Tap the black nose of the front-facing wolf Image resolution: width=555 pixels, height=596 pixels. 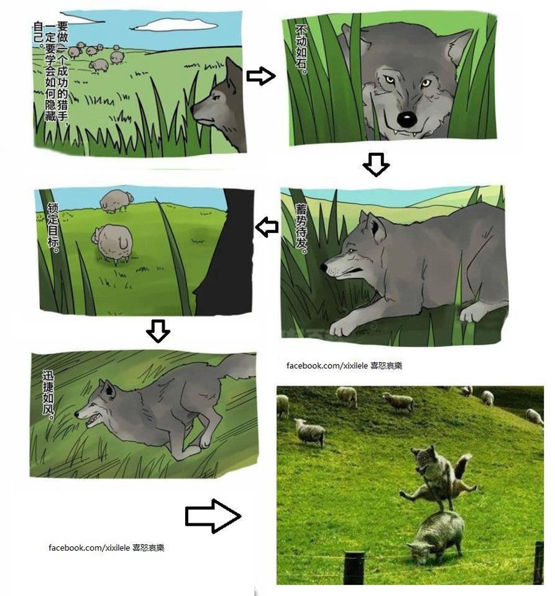[406, 119]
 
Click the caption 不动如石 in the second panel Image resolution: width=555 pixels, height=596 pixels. [301, 50]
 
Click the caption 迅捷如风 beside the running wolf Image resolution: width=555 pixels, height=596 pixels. [48, 395]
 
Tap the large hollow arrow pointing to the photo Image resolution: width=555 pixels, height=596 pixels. [213, 516]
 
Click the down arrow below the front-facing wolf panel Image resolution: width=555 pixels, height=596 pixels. [376, 165]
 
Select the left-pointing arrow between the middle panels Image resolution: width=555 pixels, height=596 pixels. [267, 227]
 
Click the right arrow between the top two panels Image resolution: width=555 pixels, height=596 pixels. [261, 76]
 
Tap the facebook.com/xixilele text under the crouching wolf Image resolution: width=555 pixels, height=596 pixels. [327, 366]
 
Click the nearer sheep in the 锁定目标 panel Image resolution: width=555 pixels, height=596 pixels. [112, 243]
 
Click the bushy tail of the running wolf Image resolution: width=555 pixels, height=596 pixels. [236, 366]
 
